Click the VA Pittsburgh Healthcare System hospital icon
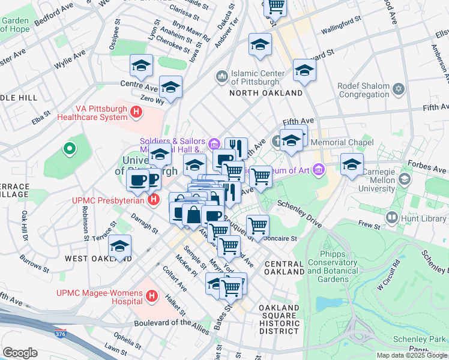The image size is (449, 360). coord(137,111)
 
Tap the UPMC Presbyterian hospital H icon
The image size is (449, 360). coord(154,199)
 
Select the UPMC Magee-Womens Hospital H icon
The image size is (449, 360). coord(151,296)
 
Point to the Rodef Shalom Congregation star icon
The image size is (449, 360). coord(397,90)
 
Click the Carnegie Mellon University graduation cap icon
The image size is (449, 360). coord(405,179)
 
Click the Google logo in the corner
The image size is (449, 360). coord(19,353)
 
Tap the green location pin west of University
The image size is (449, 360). coord(70,148)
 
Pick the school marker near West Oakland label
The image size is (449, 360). coord(120,247)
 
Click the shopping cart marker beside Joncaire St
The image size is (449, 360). coord(258,226)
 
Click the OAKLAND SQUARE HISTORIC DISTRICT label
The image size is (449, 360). coord(279,319)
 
